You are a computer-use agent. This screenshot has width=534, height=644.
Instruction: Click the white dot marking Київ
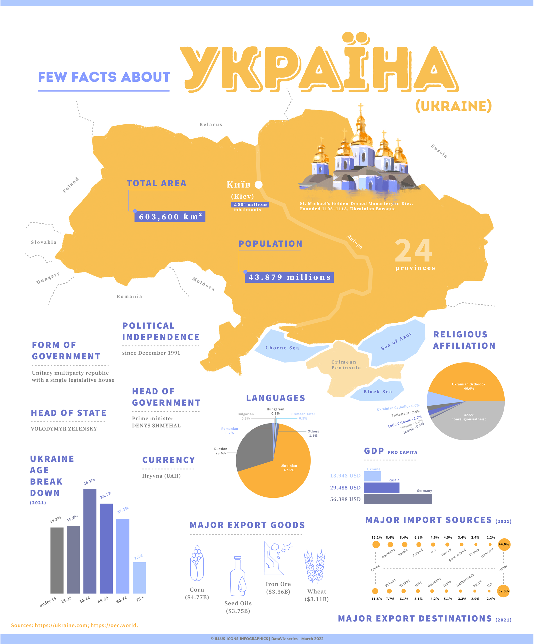tap(258, 184)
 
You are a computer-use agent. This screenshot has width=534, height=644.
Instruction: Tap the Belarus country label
tap(211, 125)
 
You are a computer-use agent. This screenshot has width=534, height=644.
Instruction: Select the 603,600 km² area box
tap(170, 216)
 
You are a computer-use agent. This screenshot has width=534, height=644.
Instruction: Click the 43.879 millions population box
tap(289, 277)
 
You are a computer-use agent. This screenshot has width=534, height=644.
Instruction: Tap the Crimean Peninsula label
tap(346, 365)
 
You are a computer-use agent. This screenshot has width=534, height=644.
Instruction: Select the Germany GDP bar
tap(398, 499)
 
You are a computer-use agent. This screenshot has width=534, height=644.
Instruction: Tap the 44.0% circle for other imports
tap(504, 544)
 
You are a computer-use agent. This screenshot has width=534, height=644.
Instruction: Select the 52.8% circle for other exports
tap(503, 591)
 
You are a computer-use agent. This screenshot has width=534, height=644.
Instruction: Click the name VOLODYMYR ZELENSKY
tap(64, 429)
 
